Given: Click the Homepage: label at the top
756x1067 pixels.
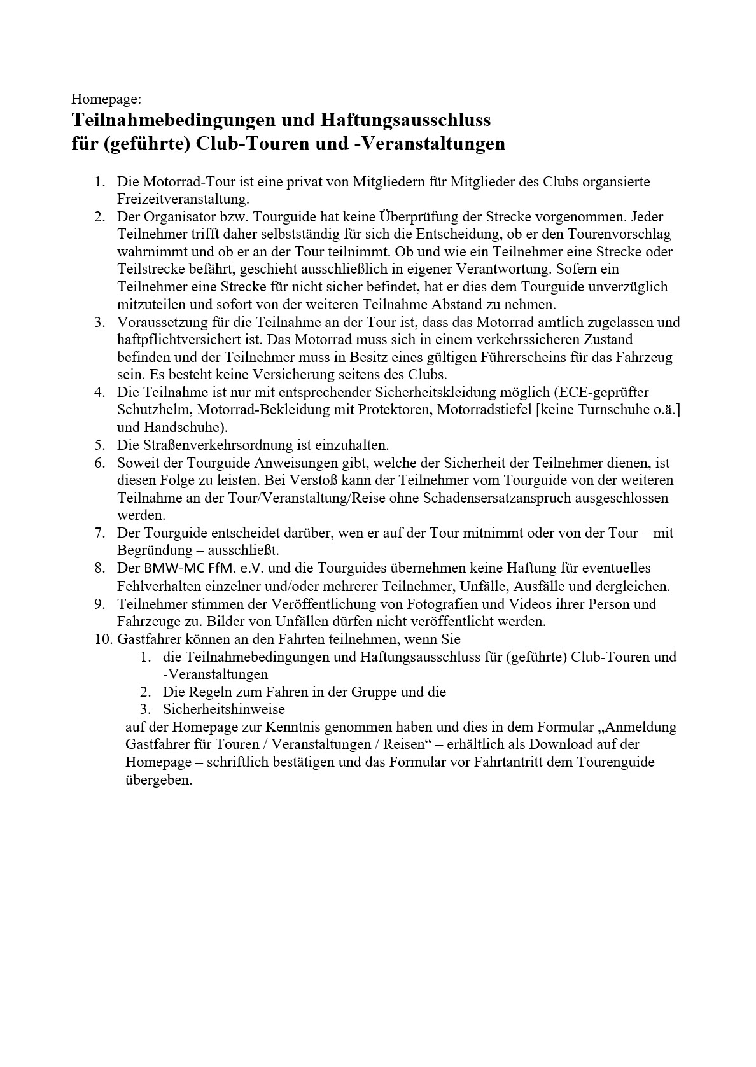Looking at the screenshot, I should [x=106, y=99].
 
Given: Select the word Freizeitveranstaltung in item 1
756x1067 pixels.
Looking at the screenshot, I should [x=183, y=199].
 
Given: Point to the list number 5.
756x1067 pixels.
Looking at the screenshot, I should [x=99, y=445].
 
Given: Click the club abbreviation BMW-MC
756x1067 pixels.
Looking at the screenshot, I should [x=168, y=568].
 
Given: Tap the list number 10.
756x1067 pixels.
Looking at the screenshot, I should [x=103, y=639].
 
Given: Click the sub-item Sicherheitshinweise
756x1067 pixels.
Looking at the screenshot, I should [x=223, y=709].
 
